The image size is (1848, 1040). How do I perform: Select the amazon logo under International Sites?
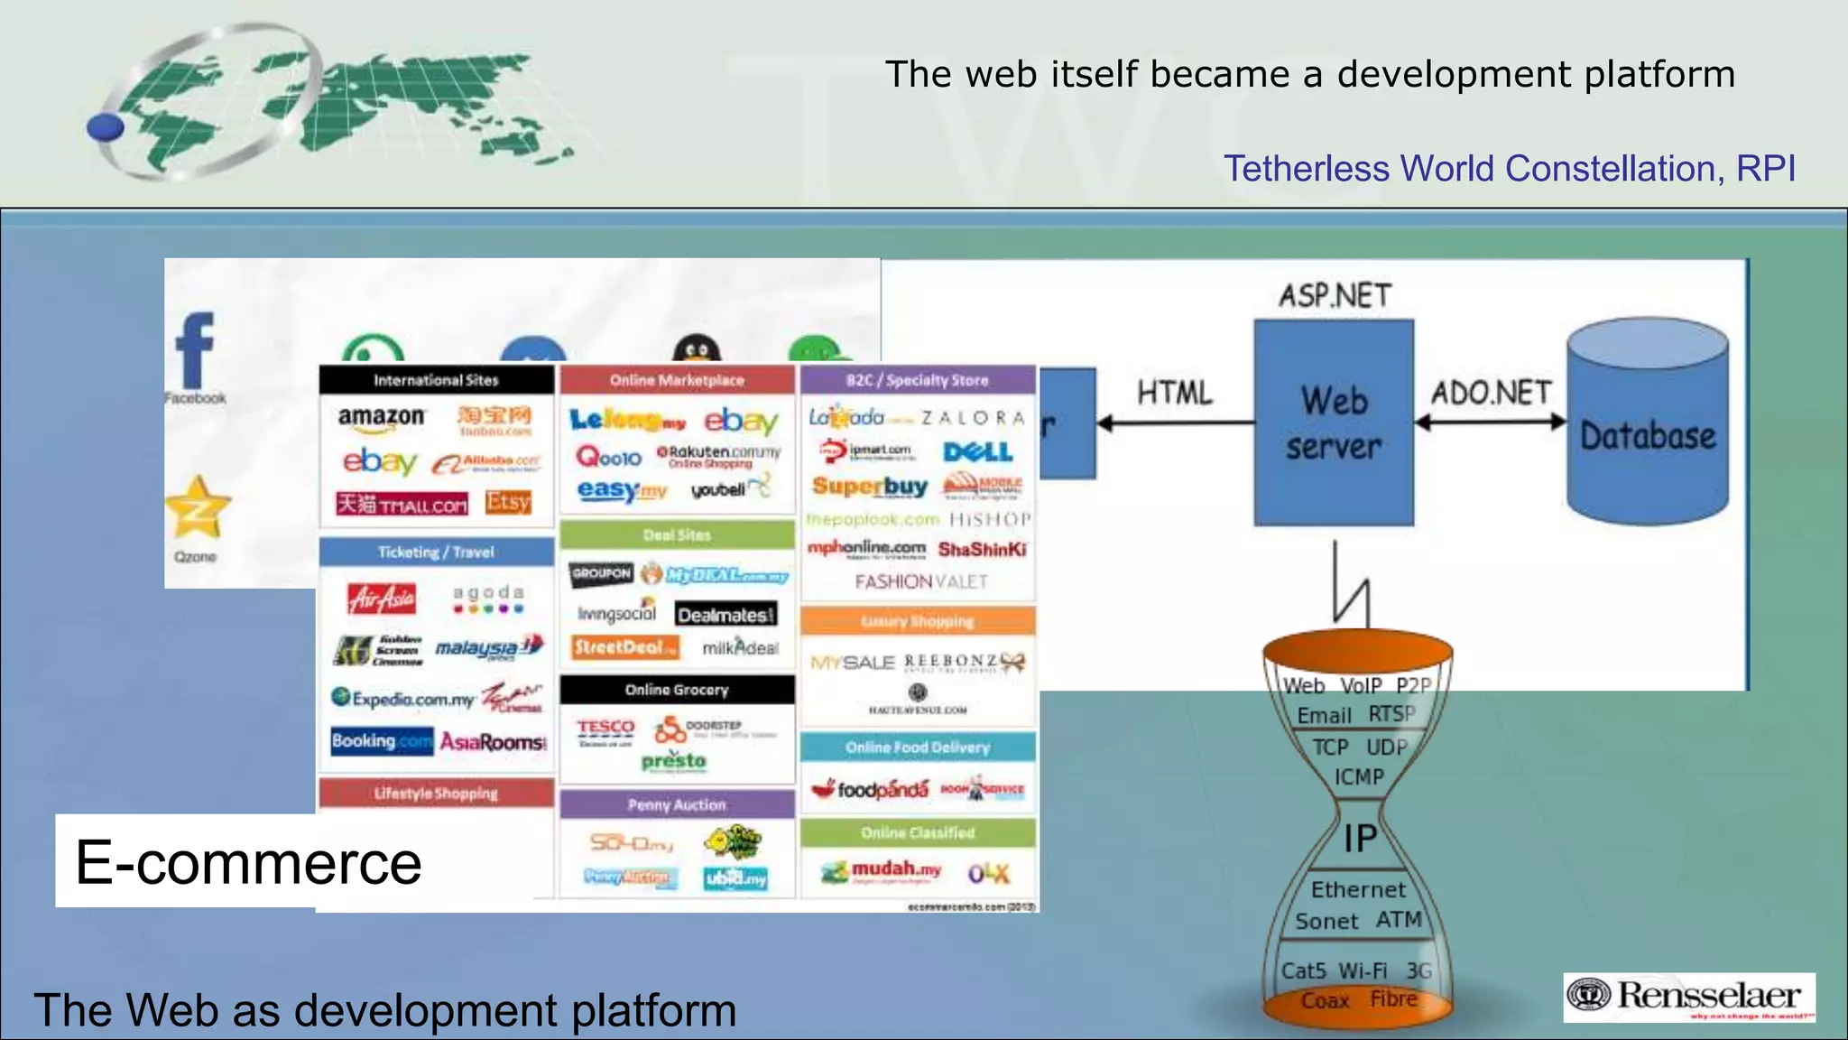click(381, 417)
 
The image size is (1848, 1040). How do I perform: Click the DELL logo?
click(978, 451)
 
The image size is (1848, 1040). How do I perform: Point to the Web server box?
click(1334, 422)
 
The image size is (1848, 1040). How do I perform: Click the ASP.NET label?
click(1335, 295)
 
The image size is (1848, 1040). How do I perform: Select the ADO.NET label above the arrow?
click(1491, 393)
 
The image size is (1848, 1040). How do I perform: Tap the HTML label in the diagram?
click(1174, 393)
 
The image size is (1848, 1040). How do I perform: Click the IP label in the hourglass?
click(1360, 839)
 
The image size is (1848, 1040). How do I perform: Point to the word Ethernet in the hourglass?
click(1358, 890)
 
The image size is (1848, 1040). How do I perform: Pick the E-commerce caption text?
click(248, 862)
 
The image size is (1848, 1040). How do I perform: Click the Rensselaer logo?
click(1689, 997)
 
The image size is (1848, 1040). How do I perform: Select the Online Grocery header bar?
click(677, 690)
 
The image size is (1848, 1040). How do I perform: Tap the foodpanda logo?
click(872, 790)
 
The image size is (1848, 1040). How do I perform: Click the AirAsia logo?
click(382, 598)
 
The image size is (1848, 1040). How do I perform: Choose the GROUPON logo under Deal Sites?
click(602, 573)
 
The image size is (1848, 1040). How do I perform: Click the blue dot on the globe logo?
click(106, 127)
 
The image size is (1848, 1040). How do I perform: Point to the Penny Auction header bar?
click(677, 804)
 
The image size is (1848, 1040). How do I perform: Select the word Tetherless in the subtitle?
click(1306, 169)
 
